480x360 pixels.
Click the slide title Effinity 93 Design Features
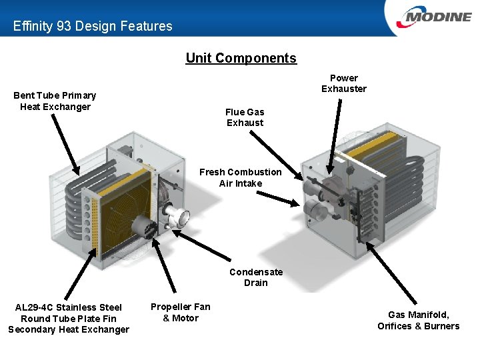(x=93, y=27)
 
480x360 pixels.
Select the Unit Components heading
(x=241, y=58)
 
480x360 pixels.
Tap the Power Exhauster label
(x=343, y=83)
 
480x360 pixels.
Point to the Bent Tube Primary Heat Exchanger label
(x=55, y=101)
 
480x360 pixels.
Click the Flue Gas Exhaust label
(x=245, y=117)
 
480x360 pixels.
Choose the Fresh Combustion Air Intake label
(x=240, y=177)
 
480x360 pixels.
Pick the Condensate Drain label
(x=256, y=277)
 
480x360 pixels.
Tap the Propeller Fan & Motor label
(x=180, y=312)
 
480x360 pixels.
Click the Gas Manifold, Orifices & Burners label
(x=418, y=320)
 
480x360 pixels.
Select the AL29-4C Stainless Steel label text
(x=69, y=307)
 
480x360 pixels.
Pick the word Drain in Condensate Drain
(x=256, y=283)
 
